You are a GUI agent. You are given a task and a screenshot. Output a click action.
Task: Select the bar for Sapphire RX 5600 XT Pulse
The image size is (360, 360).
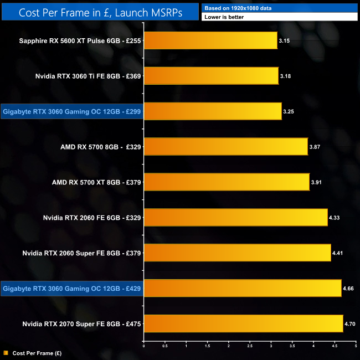pyautogui.click(x=210, y=40)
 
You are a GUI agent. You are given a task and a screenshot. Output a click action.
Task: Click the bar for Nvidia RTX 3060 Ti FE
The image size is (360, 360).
pyautogui.click(x=211, y=76)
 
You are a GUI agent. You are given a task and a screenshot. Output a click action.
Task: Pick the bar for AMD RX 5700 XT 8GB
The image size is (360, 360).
pyautogui.click(x=227, y=182)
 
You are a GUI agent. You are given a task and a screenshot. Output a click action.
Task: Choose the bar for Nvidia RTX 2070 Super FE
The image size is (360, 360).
pyautogui.click(x=243, y=323)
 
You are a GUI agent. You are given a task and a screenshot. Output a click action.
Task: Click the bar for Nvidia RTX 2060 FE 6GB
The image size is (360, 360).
pyautogui.click(x=235, y=218)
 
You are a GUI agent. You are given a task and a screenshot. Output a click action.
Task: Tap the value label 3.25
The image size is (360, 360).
pyautogui.click(x=289, y=112)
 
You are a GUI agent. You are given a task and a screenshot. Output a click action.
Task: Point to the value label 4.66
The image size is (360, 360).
pyautogui.click(x=348, y=289)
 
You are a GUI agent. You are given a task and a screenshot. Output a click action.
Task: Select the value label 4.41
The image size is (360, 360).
pyautogui.click(x=338, y=253)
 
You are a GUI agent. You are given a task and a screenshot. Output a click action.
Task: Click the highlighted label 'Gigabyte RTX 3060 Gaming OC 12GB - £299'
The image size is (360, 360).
pyautogui.click(x=72, y=111)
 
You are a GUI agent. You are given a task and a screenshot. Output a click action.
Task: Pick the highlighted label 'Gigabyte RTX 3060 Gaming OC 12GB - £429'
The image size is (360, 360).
pyautogui.click(x=72, y=288)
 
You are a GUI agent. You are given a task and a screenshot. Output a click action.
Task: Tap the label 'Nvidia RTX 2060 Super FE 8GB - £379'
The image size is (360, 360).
pyautogui.click(x=82, y=253)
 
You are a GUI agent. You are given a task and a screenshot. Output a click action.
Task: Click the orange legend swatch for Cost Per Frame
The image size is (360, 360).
pyautogui.click(x=6, y=352)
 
